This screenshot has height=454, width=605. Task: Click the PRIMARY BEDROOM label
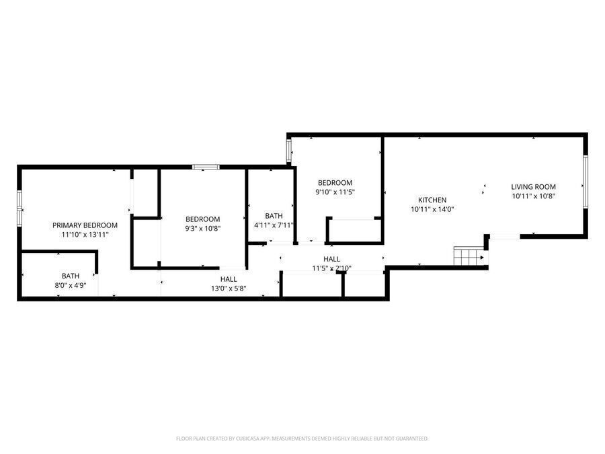coord(85,225)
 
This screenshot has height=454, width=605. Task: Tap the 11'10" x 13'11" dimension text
coord(85,234)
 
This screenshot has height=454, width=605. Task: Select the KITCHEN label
coord(432,200)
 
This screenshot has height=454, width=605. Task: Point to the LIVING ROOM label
coord(533,187)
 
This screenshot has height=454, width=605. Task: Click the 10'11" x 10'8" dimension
coord(533,196)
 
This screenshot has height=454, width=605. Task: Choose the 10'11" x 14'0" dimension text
coord(432,209)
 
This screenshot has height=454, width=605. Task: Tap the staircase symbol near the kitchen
coord(469,256)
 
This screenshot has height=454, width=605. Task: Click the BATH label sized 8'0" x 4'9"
coord(71,276)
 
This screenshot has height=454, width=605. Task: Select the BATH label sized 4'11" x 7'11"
coord(274,216)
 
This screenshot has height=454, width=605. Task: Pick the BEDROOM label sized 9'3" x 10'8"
coord(202,219)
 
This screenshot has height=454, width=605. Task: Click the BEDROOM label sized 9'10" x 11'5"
coord(335,182)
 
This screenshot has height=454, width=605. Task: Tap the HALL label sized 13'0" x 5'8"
coord(229,279)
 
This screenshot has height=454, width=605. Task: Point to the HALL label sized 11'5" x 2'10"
coord(331,259)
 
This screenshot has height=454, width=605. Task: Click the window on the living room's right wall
coord(586,182)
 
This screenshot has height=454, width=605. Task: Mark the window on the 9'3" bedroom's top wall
coord(206,167)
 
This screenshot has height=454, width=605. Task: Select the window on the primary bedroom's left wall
coord(19,208)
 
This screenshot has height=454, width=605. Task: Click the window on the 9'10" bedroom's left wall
coord(288,151)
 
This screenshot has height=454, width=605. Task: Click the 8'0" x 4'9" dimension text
coord(71,286)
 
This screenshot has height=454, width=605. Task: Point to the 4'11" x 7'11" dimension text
coord(274,225)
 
